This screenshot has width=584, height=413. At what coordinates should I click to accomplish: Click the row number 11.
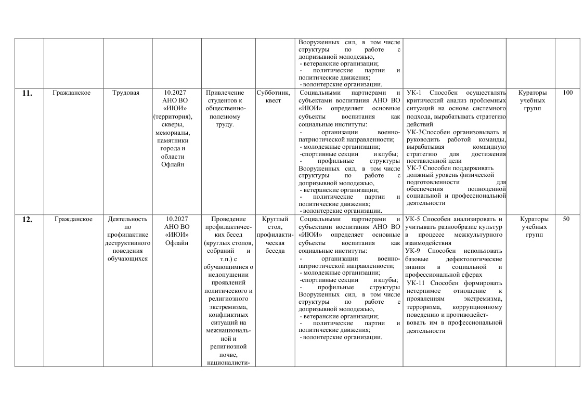point(27,94)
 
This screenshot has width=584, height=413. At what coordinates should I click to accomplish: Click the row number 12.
point(27,220)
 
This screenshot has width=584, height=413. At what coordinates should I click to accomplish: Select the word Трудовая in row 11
point(126,93)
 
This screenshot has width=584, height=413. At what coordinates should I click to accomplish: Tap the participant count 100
point(568,93)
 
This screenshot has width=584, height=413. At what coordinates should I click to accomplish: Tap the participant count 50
point(566,219)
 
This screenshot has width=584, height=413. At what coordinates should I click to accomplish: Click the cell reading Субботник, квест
point(273,96)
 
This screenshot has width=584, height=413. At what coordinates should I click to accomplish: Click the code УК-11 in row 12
point(417,283)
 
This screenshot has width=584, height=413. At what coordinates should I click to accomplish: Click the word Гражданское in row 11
point(72,93)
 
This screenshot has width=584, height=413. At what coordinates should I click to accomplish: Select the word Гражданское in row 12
point(73,219)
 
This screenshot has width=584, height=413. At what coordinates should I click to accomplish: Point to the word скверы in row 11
point(172,125)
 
